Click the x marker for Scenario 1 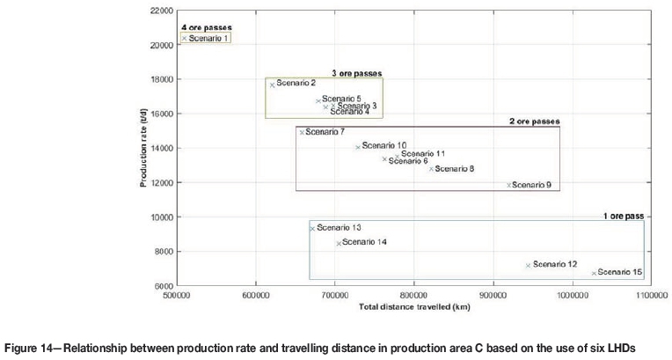184,38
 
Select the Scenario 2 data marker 273,84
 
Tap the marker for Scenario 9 508,185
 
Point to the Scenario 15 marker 594,273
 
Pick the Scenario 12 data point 528,265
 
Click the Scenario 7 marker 302,132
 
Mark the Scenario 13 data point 311,229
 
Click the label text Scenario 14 365,242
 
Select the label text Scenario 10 384,145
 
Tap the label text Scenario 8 455,168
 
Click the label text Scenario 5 341,99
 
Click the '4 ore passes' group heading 207,27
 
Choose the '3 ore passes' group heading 356,73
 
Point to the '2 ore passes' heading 534,121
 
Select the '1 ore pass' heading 623,215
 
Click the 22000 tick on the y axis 161,11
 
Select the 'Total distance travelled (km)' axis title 414,307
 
